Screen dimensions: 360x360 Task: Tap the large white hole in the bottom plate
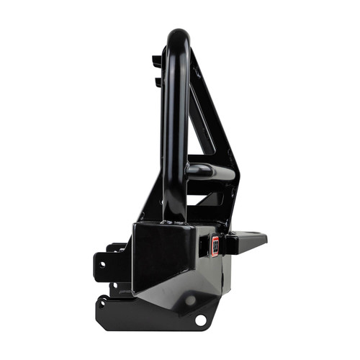tap(200, 318)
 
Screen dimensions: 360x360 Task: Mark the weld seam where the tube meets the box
tap(173, 222)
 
